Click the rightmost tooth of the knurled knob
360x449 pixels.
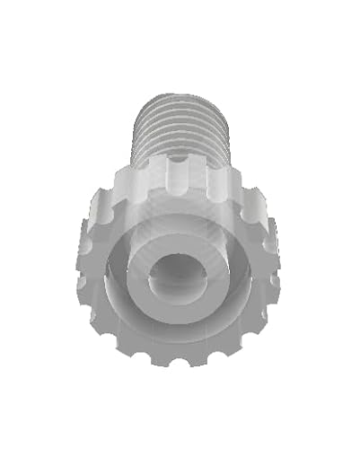[x=277, y=260]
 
